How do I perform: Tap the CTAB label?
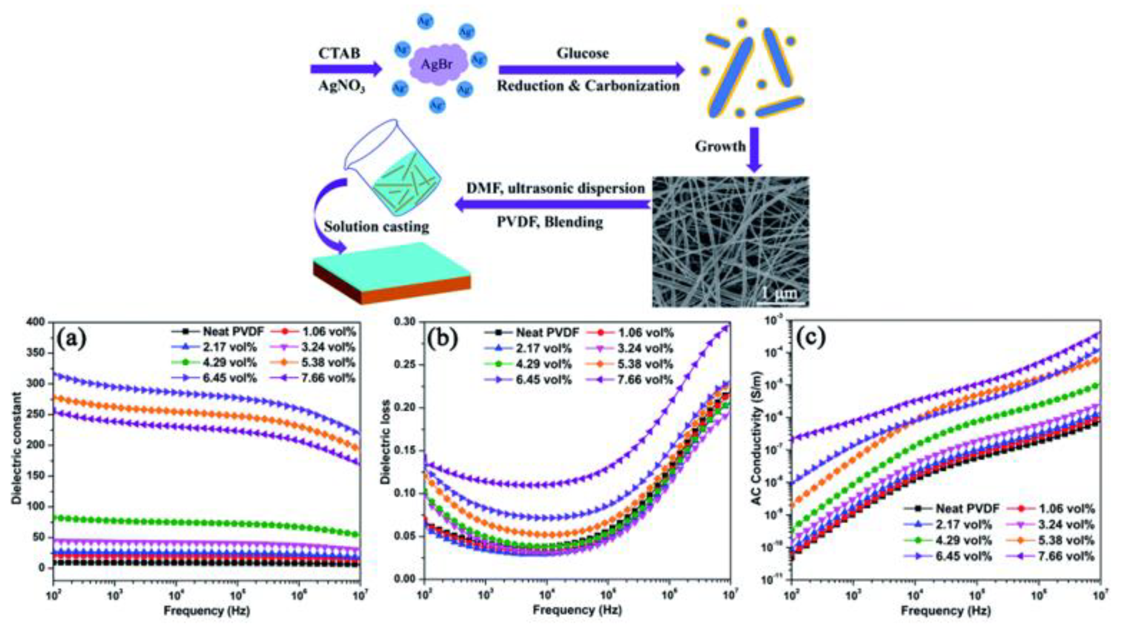point(340,53)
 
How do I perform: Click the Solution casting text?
point(377,227)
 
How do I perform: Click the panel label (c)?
point(810,340)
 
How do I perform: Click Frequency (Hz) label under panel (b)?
point(577,610)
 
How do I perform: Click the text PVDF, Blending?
point(550,222)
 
